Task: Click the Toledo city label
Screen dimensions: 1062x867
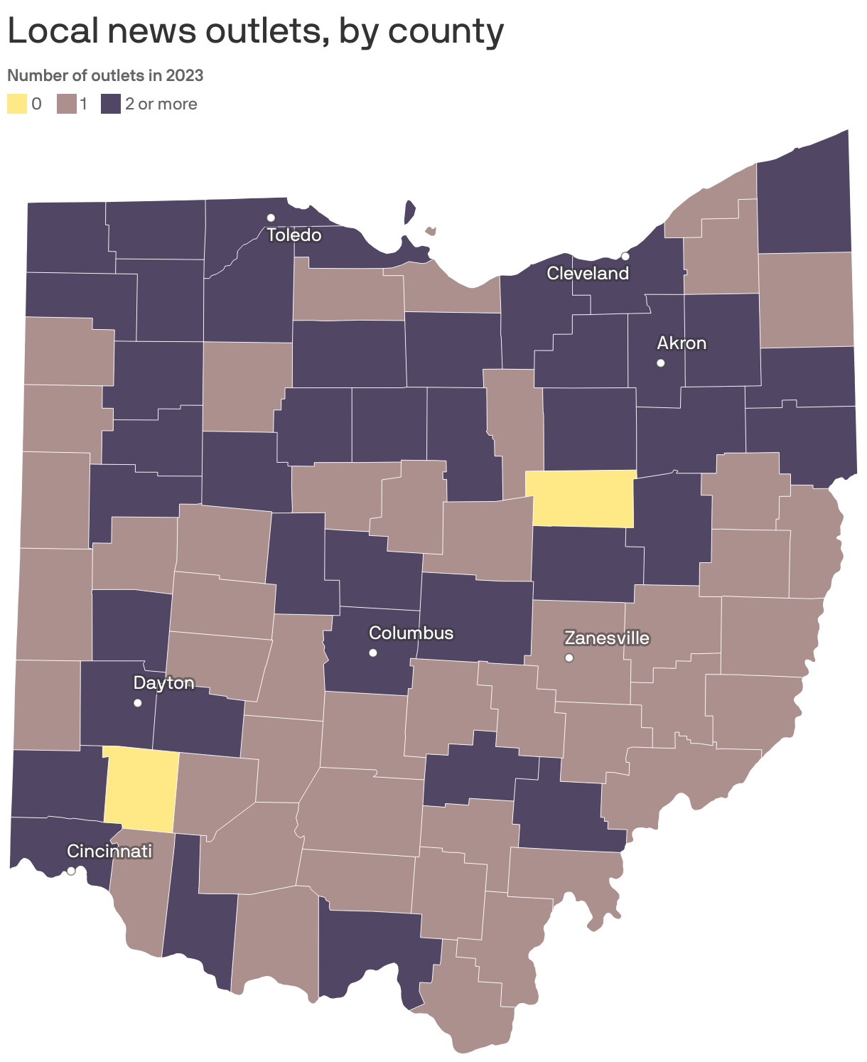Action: (294, 235)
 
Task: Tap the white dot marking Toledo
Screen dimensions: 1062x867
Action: (271, 218)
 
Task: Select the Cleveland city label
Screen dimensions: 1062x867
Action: (588, 274)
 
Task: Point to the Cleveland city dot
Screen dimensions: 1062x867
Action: (625, 257)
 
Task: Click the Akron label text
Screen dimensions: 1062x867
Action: (682, 343)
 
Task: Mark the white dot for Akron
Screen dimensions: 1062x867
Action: (661, 363)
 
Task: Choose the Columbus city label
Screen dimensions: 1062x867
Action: (411, 633)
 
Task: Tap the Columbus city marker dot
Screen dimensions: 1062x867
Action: (373, 653)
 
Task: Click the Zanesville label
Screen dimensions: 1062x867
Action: (607, 638)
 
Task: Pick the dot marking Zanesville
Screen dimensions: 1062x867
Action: (569, 658)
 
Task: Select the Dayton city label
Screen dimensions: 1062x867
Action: (163, 683)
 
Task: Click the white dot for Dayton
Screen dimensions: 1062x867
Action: (138, 703)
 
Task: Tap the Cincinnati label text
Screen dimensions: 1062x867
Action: (109, 851)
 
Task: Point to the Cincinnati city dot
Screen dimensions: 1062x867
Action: (71, 871)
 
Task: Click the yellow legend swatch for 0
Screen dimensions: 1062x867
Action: (17, 104)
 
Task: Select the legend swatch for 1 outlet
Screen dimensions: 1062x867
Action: (68, 104)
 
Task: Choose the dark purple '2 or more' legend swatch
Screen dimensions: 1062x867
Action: (110, 104)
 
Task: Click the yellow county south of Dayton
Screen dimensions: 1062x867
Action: (140, 789)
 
